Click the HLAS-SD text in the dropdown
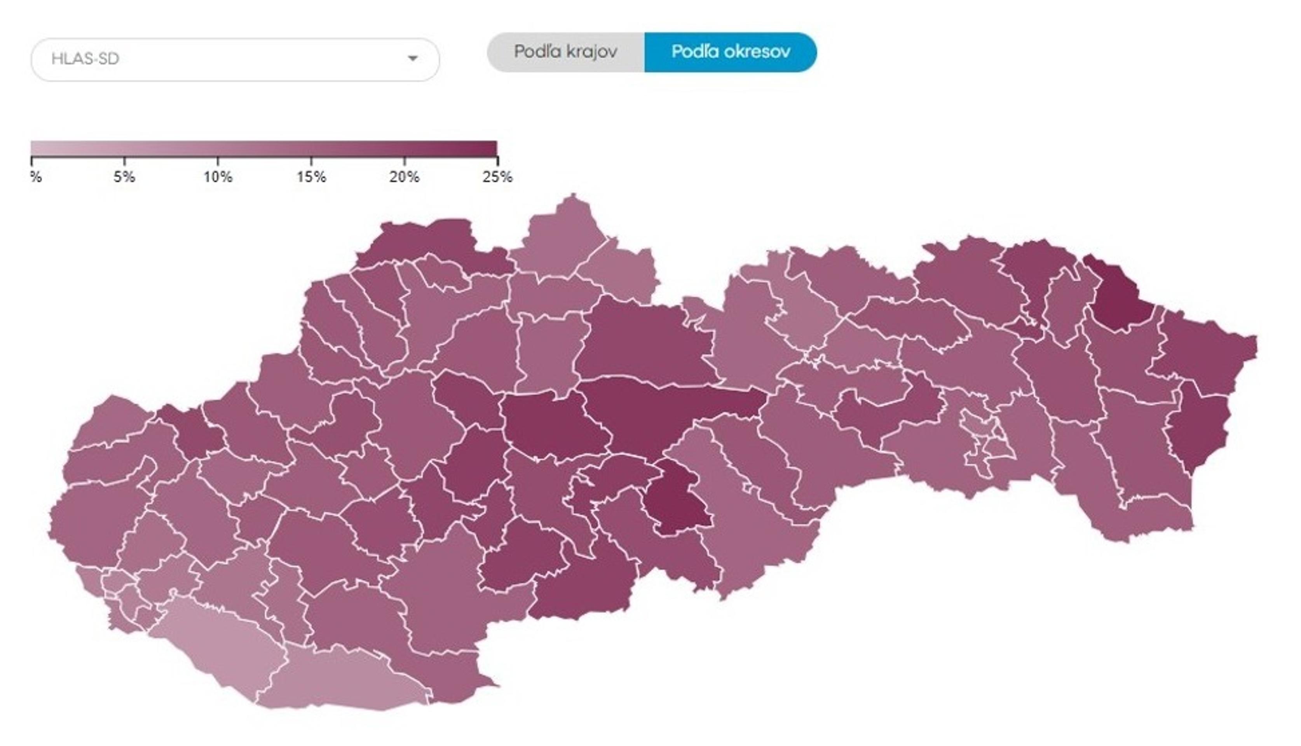coord(85,59)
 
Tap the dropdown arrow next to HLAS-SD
coord(412,58)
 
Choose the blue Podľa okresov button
coord(730,52)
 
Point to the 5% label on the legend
coord(124,177)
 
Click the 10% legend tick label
coord(218,177)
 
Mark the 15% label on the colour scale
coord(311,177)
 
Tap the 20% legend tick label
coord(404,177)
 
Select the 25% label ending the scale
coord(497,177)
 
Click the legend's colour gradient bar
coord(263,148)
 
